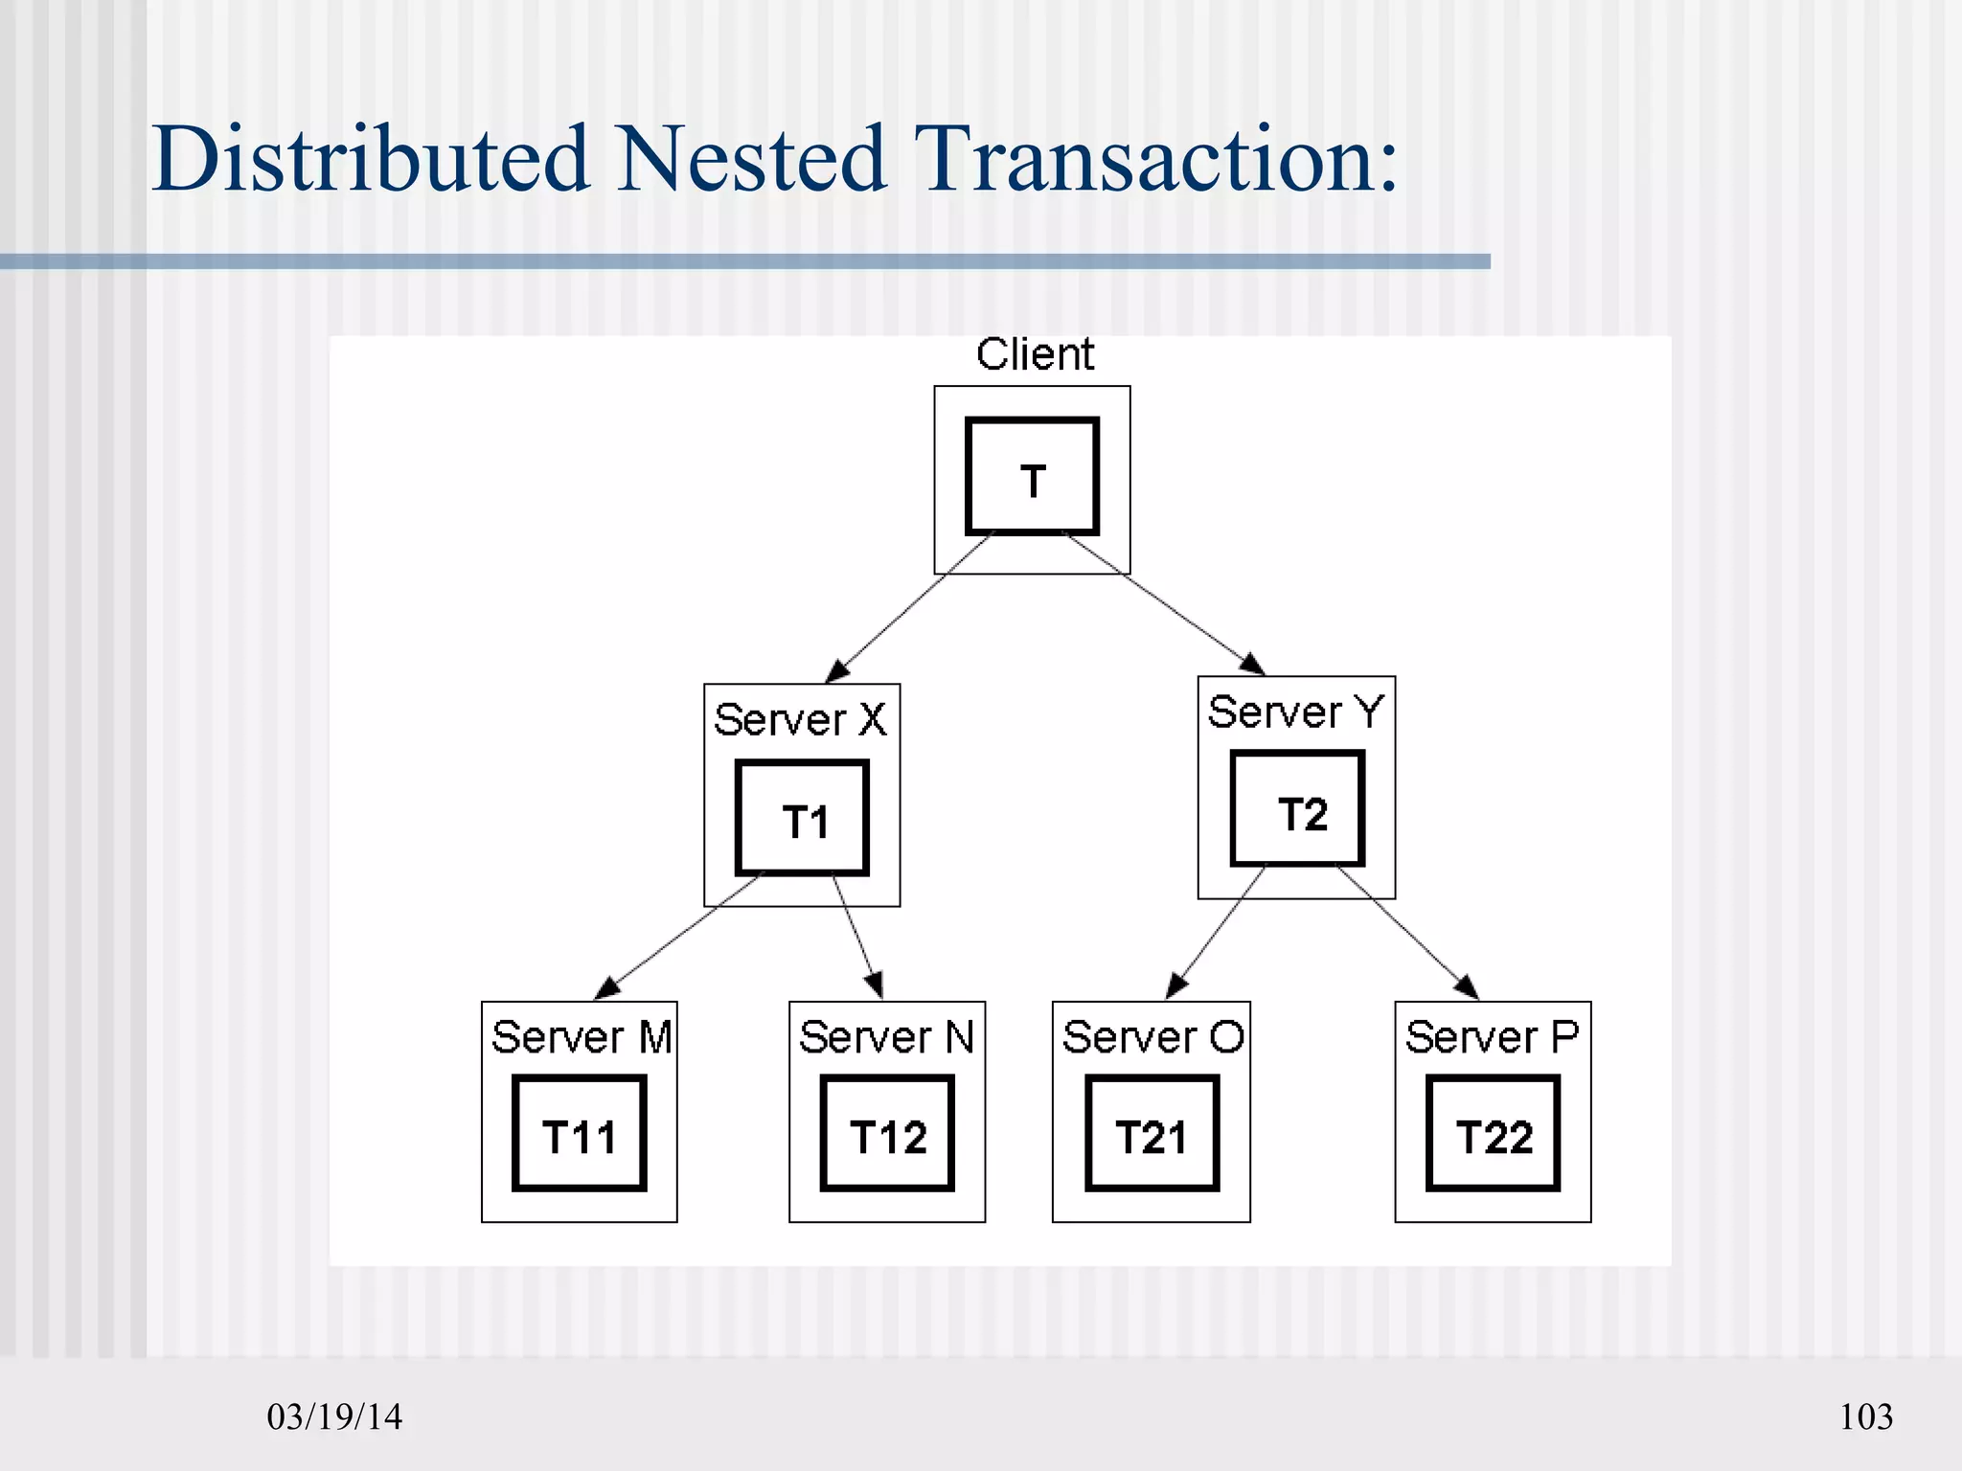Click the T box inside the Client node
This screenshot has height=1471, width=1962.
tap(1032, 476)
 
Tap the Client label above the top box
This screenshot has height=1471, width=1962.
tap(1035, 355)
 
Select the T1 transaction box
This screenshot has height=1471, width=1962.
tap(802, 819)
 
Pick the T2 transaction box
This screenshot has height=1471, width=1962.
tap(1297, 810)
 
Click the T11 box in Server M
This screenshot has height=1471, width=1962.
tap(580, 1134)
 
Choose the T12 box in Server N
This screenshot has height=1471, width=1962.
tap(887, 1134)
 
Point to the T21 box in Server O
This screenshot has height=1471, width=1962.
tap(1152, 1134)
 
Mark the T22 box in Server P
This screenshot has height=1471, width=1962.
tap(1493, 1134)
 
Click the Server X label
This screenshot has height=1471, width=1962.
tap(800, 720)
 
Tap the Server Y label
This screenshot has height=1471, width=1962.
tap(1295, 713)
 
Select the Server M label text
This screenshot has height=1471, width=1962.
tap(581, 1038)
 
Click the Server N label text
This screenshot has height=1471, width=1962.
tap(886, 1038)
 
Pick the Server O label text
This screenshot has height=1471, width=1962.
tap(1152, 1038)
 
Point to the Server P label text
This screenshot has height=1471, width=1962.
tap(1492, 1038)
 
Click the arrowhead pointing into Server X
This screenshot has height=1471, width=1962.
tap(837, 670)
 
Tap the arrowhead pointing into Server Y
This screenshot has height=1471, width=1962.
tap(1253, 664)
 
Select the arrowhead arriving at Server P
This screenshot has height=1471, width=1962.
tap(1467, 986)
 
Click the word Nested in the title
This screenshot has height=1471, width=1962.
tap(750, 159)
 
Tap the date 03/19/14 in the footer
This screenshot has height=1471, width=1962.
tap(334, 1417)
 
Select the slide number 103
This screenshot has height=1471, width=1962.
tap(1865, 1417)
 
